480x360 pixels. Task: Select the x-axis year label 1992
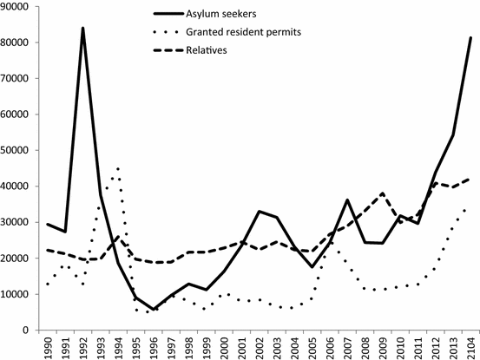coord(82,347)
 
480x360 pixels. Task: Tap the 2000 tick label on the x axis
coord(223,347)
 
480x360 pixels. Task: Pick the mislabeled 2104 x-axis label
coord(469,347)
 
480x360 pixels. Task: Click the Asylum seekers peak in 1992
coord(82,28)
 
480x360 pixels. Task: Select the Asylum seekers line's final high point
coord(469,37)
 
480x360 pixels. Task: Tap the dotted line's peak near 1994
coord(118,167)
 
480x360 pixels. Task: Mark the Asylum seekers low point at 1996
coord(153,310)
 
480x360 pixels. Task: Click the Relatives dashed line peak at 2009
coord(381,193)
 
